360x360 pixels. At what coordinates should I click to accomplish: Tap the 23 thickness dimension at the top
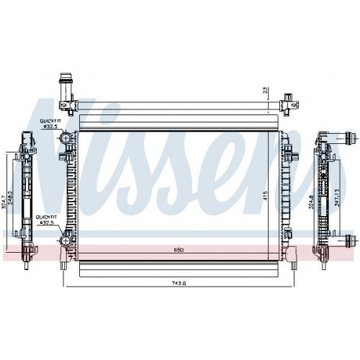265,91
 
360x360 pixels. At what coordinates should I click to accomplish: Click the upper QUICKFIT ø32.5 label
50,123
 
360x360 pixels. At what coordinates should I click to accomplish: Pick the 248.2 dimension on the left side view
11,197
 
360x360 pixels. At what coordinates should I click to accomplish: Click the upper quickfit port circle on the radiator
66,137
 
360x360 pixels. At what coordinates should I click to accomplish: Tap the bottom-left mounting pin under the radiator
66,266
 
